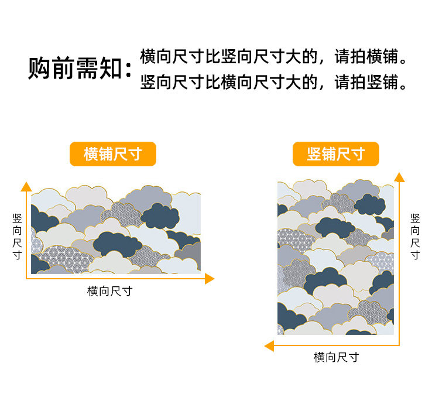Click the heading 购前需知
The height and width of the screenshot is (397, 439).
pyautogui.click(x=75, y=68)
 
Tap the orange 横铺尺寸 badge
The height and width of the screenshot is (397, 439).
pyautogui.click(x=113, y=154)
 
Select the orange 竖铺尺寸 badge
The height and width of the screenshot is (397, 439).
pyautogui.click(x=336, y=154)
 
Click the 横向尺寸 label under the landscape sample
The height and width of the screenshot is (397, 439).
pyautogui.click(x=110, y=291)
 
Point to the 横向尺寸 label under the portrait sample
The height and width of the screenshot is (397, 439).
pyautogui.click(x=336, y=357)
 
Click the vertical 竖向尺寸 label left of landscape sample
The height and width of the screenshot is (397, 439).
pyautogui.click(x=18, y=237)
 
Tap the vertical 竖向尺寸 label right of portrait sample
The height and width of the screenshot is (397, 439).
pyautogui.click(x=415, y=237)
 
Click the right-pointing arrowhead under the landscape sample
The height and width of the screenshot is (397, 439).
pyautogui.click(x=210, y=279)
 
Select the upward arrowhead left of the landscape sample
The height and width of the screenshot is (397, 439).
pyautogui.click(x=26, y=187)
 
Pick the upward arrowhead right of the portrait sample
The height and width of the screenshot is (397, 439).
pyautogui.click(x=399, y=177)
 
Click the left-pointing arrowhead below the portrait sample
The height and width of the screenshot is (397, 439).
pyautogui.click(x=269, y=346)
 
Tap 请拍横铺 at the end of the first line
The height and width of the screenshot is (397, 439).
pyautogui.click(x=366, y=57)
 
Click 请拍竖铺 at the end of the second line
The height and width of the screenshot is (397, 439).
pyautogui.click(x=366, y=82)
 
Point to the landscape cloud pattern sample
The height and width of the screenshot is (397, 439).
pyautogui.click(x=116, y=230)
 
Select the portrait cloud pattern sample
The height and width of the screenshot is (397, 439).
pyautogui.click(x=336, y=257)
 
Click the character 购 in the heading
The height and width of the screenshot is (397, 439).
pyautogui.click(x=39, y=69)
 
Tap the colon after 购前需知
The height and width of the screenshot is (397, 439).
pyautogui.click(x=129, y=70)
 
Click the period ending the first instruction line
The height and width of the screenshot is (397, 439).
pyautogui.click(x=403, y=61)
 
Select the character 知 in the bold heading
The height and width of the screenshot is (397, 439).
pyautogui.click(x=111, y=69)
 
